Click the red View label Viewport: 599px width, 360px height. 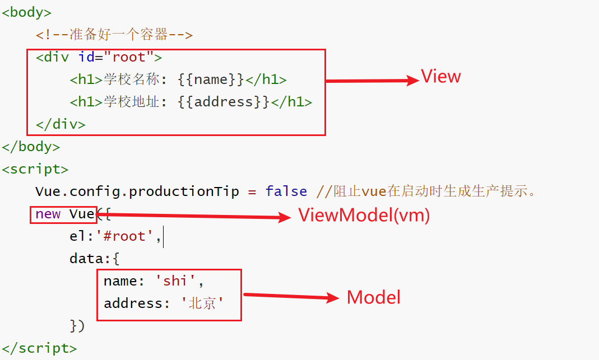pyautogui.click(x=441, y=76)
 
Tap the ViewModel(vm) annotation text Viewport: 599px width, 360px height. pyautogui.click(x=364, y=216)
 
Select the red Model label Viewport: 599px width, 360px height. pyautogui.click(x=374, y=297)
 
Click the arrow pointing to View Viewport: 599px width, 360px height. pyautogui.click(x=373, y=81)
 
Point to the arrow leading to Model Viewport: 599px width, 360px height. pyautogui.click(x=291, y=296)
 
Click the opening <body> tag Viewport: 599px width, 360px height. pyautogui.click(x=26, y=13)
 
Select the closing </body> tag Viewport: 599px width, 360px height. pyautogui.click(x=31, y=147)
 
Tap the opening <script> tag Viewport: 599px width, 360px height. pyautogui.click(x=35, y=169)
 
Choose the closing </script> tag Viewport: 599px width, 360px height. pyautogui.click(x=39, y=348)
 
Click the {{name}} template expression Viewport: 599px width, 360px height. pyautogui.click(x=211, y=80)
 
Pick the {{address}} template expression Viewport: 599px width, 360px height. pyautogui.click(x=224, y=102)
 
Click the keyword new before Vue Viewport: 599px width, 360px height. pyautogui.click(x=48, y=214)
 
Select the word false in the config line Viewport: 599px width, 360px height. pyautogui.click(x=286, y=191)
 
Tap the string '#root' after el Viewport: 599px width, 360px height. pyautogui.click(x=124, y=236)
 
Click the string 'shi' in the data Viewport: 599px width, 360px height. pyautogui.click(x=175, y=281)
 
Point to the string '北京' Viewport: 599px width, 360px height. pyautogui.click(x=202, y=303)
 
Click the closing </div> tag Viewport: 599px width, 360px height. pyautogui.click(x=61, y=124)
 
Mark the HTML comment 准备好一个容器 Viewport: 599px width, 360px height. pyautogui.click(x=114, y=35)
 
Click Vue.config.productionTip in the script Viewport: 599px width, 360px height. pyautogui.click(x=137, y=191)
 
